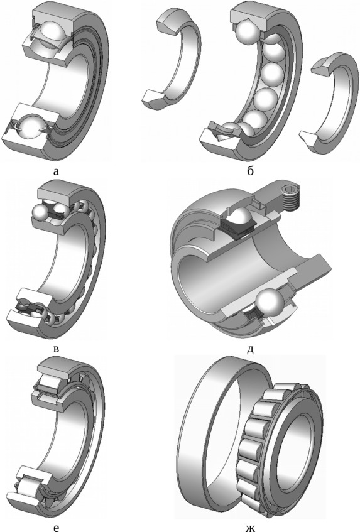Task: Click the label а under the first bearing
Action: click(56, 171)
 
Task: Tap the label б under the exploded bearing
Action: click(250, 170)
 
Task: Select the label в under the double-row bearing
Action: click(57, 349)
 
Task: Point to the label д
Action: click(250, 349)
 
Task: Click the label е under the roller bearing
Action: click(56, 527)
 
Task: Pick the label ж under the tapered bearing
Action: click(250, 527)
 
